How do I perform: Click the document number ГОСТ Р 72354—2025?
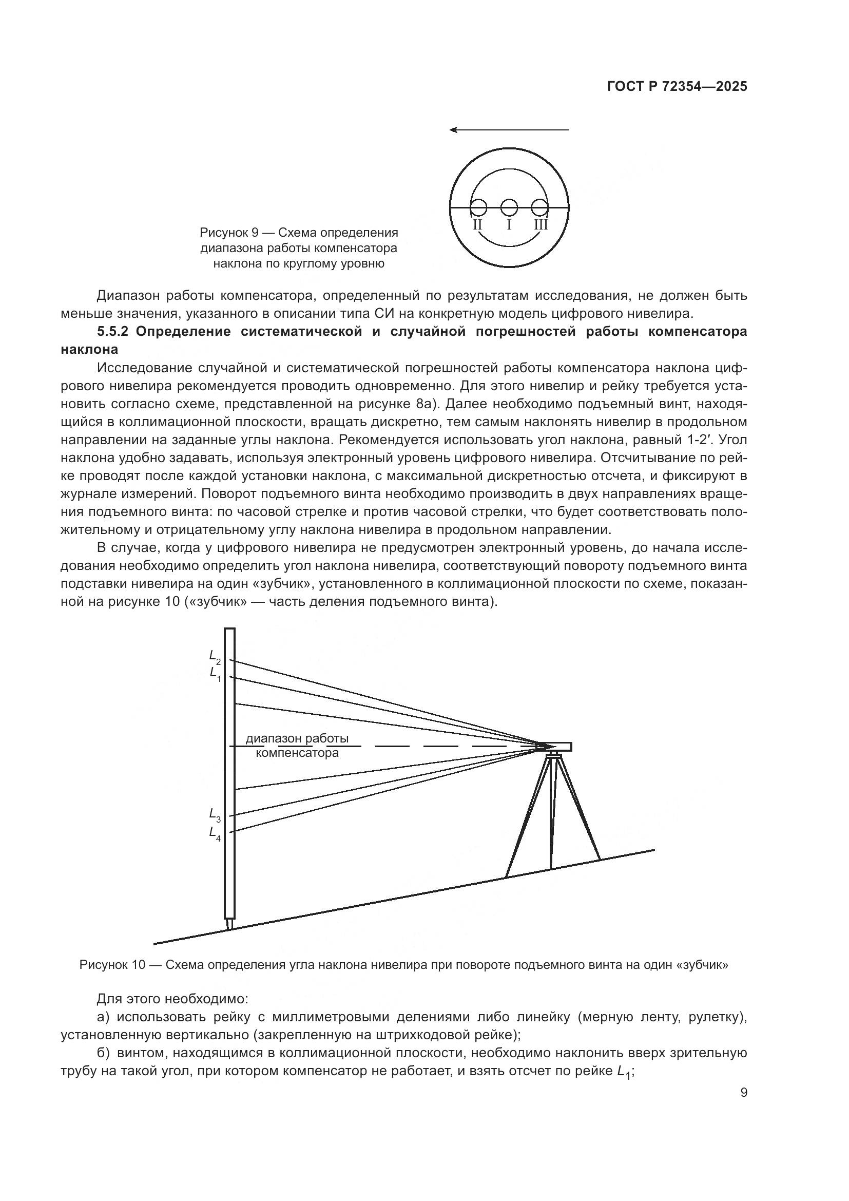coord(677,86)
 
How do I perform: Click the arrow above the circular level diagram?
coord(509,129)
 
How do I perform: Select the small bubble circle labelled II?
coord(478,208)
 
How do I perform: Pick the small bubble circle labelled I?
coord(509,208)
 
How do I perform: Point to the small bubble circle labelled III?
coord(539,208)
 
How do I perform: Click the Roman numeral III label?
coord(541,225)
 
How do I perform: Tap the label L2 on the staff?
coord(215,657)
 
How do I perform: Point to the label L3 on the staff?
coord(215,815)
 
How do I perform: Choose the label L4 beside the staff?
coord(215,833)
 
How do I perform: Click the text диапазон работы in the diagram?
coord(297,738)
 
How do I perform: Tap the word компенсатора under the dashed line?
coord(297,753)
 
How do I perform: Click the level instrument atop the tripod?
coord(554,747)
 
